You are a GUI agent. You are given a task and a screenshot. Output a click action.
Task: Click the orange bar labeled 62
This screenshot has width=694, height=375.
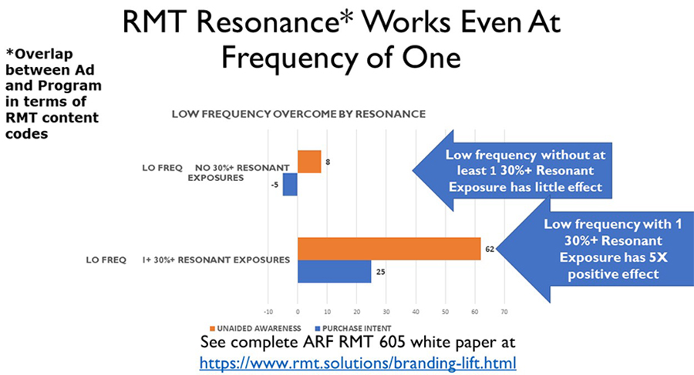(x=389, y=248)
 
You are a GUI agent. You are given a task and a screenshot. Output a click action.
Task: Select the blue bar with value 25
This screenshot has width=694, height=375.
(x=334, y=271)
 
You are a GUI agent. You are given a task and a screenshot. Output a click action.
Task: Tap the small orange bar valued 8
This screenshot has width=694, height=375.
(x=309, y=162)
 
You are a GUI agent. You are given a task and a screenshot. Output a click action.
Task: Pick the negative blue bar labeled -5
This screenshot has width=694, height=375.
(x=290, y=185)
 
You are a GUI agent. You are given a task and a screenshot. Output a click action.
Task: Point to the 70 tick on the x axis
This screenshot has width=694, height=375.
(x=504, y=312)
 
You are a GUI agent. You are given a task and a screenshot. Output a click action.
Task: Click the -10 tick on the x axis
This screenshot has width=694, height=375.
(x=268, y=312)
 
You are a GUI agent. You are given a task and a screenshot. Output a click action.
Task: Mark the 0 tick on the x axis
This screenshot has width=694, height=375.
(x=298, y=312)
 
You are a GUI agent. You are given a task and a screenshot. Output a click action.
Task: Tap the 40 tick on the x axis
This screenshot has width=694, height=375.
(x=416, y=312)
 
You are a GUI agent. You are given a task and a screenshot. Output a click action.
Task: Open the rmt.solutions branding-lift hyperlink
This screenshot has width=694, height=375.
(x=358, y=361)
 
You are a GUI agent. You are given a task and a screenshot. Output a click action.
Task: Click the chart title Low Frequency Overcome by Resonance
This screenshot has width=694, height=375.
(x=298, y=114)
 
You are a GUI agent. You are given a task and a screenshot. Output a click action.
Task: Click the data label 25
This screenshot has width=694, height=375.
(x=379, y=271)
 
